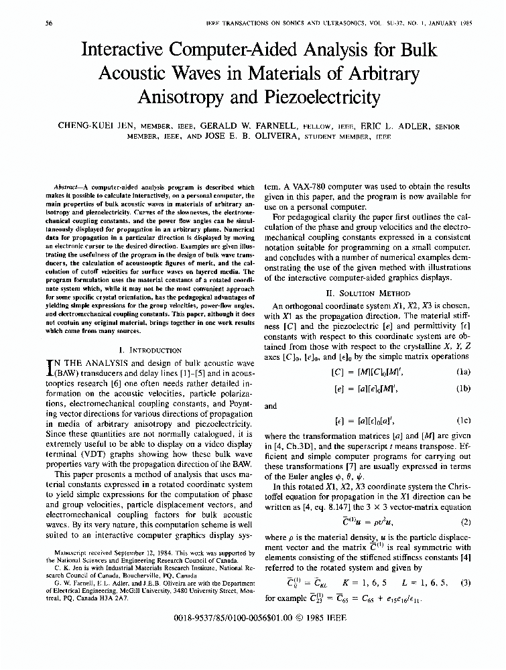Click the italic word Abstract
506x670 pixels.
[66, 187]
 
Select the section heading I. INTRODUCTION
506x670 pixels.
[149, 350]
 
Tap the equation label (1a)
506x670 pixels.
[463, 371]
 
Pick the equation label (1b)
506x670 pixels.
[463, 388]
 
